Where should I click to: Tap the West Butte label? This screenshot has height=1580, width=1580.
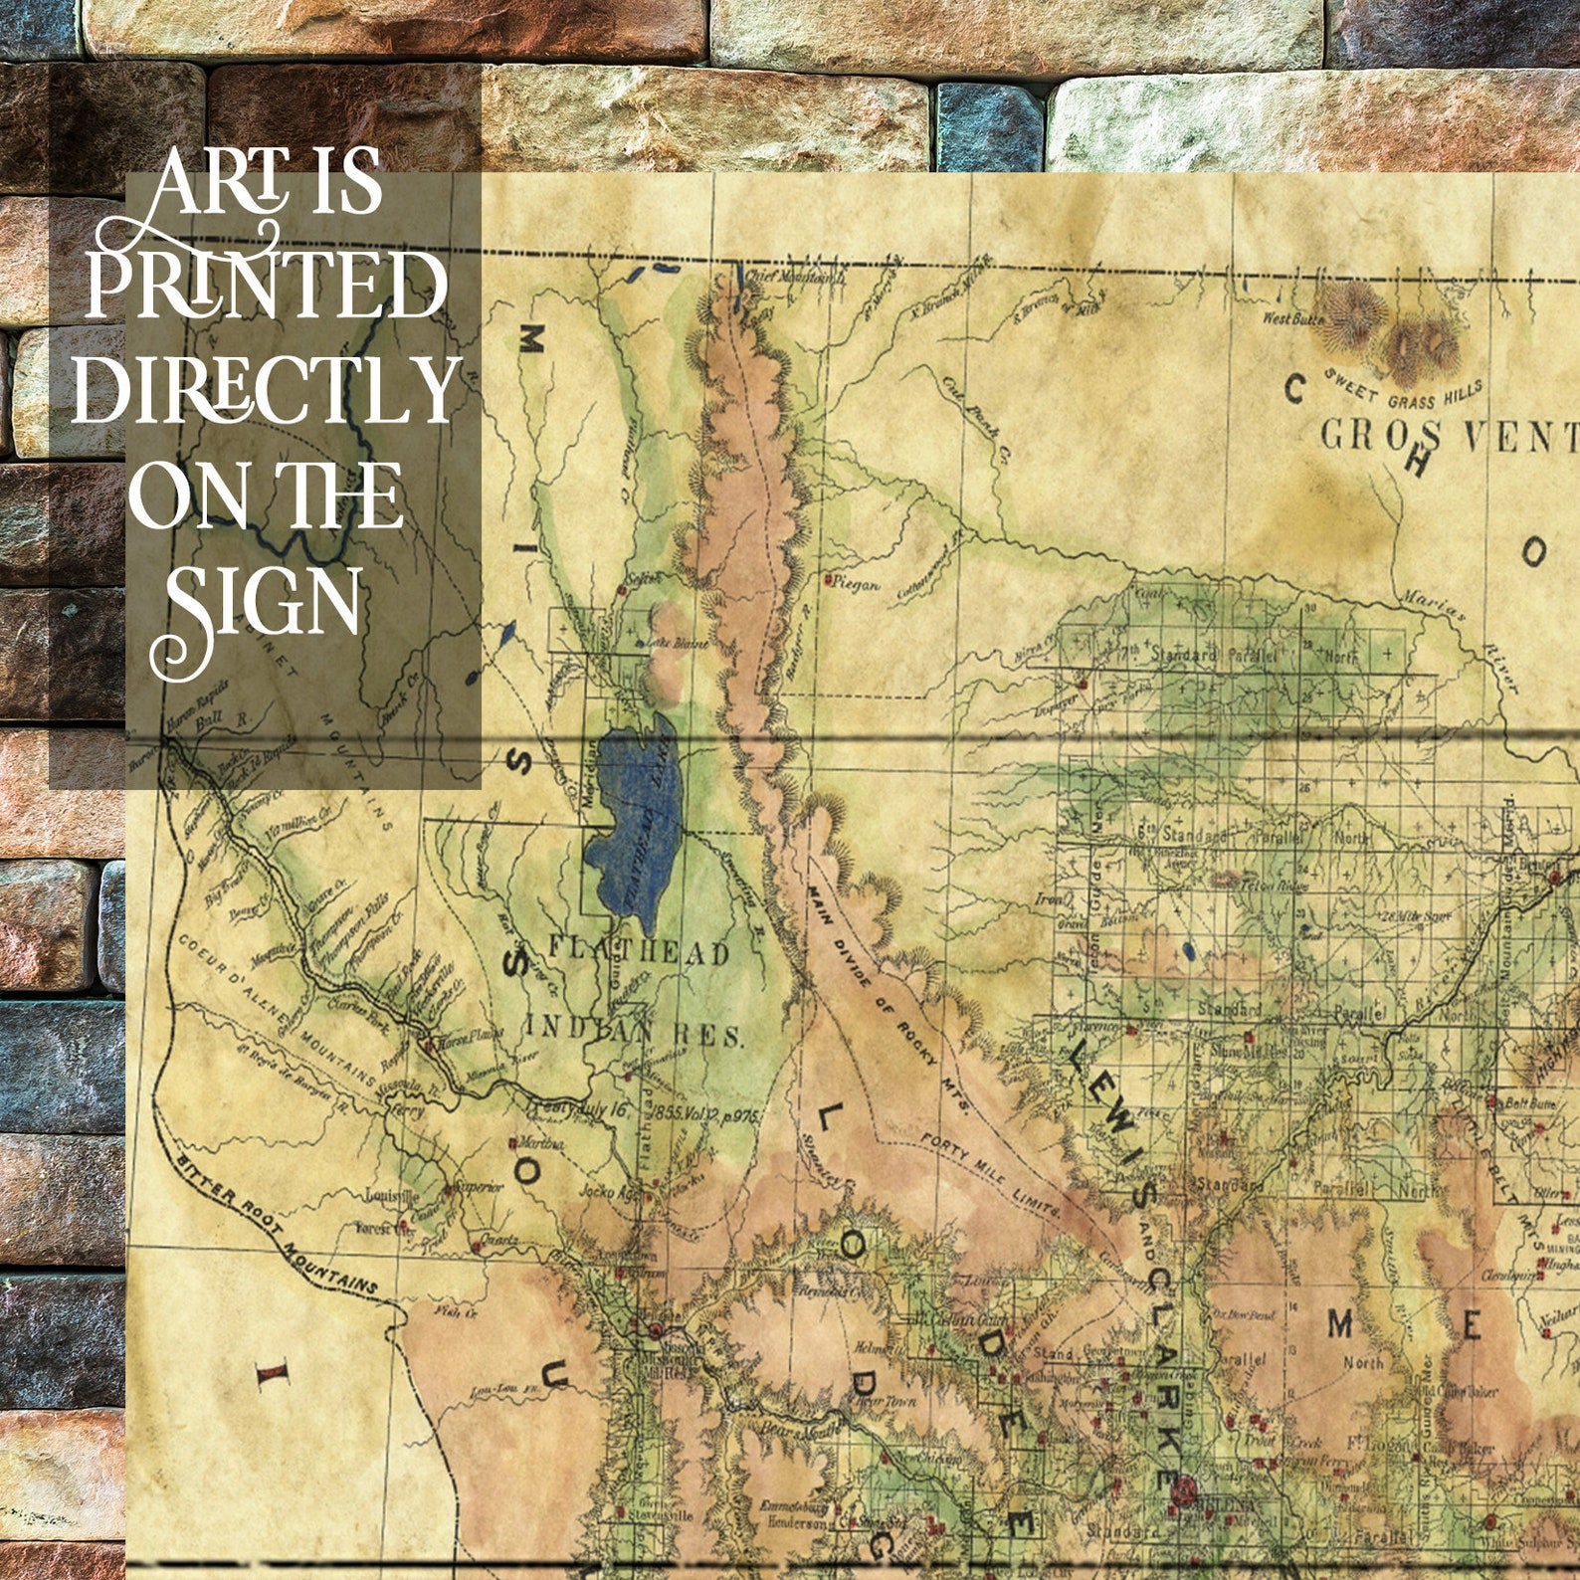[1293, 319]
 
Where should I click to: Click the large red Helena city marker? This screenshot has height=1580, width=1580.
[1183, 1489]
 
